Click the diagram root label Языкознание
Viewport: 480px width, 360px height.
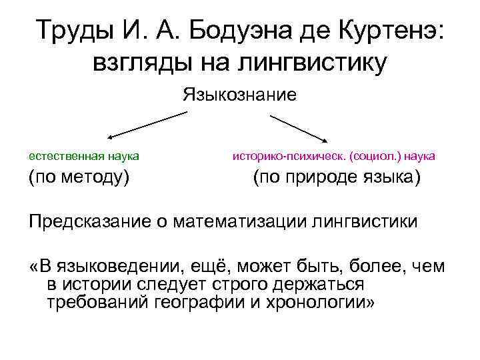tap(239, 94)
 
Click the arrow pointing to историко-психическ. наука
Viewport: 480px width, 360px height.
tap(298, 128)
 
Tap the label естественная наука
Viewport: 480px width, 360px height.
tap(83, 155)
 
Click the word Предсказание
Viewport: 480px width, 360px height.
tap(92, 221)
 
